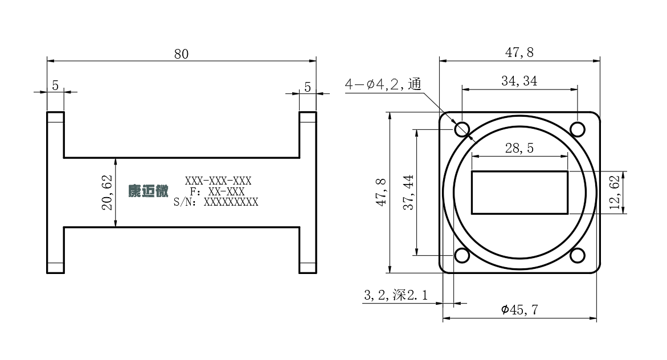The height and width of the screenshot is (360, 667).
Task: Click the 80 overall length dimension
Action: pyautogui.click(x=181, y=54)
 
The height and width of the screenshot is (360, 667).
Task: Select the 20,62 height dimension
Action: pyautogui.click(x=107, y=193)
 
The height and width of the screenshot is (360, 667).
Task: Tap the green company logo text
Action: pyautogui.click(x=149, y=191)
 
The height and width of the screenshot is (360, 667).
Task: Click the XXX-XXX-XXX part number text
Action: pyautogui.click(x=218, y=181)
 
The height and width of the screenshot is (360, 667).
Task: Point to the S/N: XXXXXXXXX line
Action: pyautogui.click(x=216, y=202)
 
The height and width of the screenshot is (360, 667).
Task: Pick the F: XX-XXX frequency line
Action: pyautogui.click(x=218, y=191)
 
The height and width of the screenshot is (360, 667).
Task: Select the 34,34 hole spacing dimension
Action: pyautogui.click(x=519, y=81)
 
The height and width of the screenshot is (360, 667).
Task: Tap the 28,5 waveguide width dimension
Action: pyautogui.click(x=519, y=148)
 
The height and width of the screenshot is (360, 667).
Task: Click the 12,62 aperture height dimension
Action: pyautogui.click(x=615, y=193)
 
